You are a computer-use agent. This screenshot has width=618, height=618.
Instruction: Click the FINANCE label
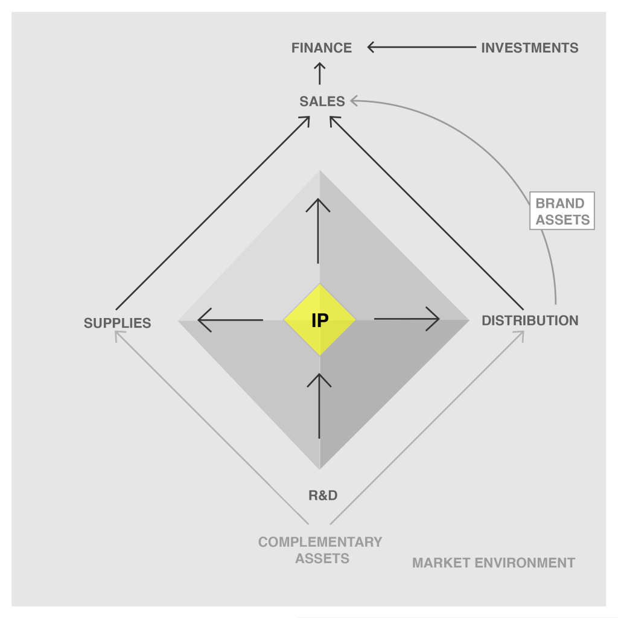click(321, 48)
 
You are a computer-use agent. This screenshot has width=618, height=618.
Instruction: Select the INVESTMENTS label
click(529, 48)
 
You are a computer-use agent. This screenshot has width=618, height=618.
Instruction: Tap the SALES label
click(322, 101)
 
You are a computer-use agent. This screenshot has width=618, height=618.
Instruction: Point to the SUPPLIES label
click(117, 323)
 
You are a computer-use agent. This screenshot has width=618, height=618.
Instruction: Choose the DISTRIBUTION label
click(529, 320)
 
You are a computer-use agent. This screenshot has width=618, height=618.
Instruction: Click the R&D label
click(323, 495)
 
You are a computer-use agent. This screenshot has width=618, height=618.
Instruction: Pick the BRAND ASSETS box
click(562, 211)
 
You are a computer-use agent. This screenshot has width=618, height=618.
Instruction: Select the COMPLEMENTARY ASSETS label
click(321, 550)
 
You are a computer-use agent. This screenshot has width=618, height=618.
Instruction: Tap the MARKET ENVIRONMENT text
click(493, 563)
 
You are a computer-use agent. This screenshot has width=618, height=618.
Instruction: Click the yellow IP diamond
click(320, 320)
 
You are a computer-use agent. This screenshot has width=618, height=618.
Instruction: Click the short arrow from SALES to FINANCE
click(320, 74)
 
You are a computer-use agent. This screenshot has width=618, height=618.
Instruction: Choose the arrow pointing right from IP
click(407, 319)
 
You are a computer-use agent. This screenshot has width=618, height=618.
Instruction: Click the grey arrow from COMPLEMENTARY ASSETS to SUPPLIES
click(211, 427)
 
